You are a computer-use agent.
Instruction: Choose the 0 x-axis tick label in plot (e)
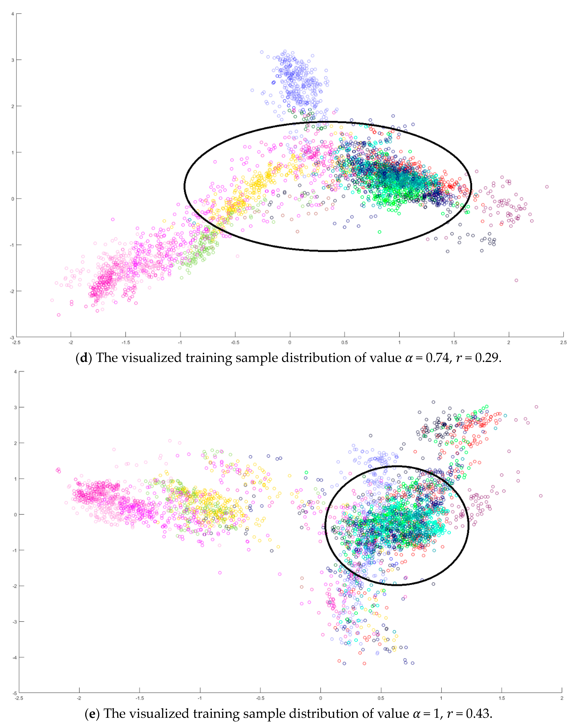click(321, 698)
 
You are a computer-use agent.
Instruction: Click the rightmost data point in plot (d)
click(547, 187)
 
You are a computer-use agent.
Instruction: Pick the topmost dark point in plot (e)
click(433, 402)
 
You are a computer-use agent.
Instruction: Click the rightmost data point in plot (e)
click(541, 496)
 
